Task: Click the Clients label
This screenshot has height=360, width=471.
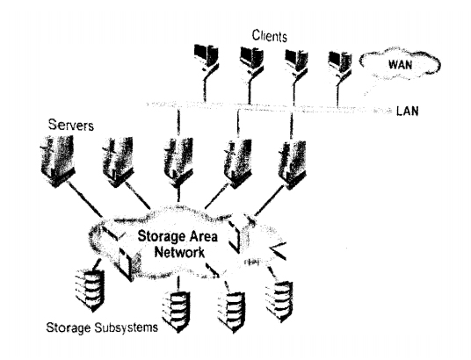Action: coord(270,36)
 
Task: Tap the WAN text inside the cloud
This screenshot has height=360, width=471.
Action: coord(400,65)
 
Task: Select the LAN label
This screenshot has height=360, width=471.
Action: coord(408,112)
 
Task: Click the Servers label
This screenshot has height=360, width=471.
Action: coord(71,125)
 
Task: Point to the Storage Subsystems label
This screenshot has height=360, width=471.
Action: coord(102,328)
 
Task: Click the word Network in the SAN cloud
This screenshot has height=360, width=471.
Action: coord(179,252)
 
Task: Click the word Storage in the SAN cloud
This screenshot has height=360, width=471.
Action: coord(159,236)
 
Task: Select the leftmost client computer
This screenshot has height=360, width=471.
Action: coord(206,59)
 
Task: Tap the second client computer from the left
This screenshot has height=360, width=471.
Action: coord(251,60)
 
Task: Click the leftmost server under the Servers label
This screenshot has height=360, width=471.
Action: coord(57,161)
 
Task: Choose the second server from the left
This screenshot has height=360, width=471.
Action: coord(118,162)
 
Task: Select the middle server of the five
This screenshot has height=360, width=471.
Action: coord(178,163)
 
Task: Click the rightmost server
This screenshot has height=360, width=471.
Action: coord(292,164)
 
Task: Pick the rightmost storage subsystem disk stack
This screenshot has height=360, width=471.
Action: coord(279,301)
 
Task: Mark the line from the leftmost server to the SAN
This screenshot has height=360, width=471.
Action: coord(84,199)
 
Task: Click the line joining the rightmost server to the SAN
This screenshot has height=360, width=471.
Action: coord(269,201)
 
